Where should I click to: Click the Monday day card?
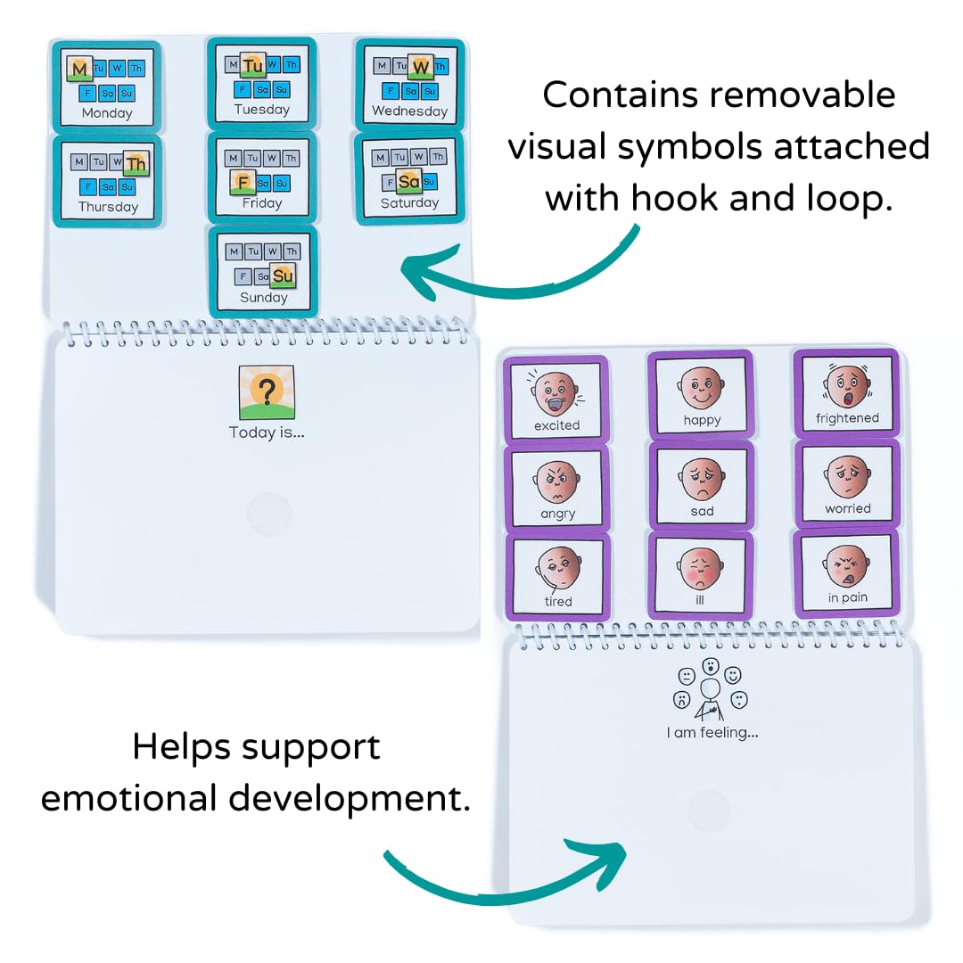107,84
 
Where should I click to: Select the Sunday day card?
263,270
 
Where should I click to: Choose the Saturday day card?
409,177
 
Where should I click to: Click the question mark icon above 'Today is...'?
266,391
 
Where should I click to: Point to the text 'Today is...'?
267,432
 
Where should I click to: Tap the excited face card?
556,399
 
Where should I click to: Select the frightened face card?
846,393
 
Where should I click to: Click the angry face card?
557,488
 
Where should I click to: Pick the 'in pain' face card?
846,573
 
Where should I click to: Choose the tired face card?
557,576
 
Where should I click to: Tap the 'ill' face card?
701,574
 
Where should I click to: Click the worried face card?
846,484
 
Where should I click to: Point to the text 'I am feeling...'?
712,733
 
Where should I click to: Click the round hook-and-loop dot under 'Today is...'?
268,515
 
